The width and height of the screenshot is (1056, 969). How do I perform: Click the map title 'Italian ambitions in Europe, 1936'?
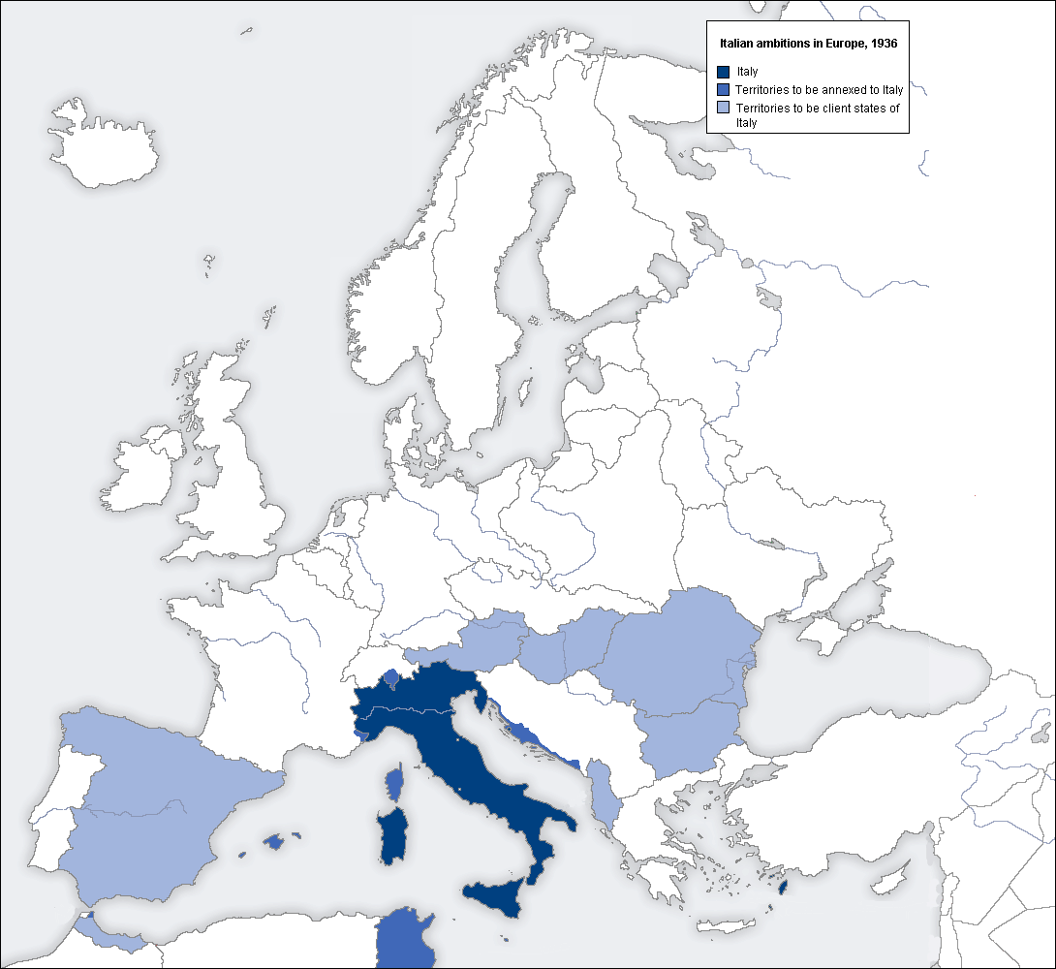click(806, 45)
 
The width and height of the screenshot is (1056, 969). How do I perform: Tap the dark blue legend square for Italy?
click(723, 72)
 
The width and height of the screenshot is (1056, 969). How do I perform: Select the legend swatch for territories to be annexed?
click(723, 89)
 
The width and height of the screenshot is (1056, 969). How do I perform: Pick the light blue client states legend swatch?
click(723, 108)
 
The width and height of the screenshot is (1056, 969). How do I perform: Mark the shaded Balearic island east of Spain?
click(274, 842)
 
